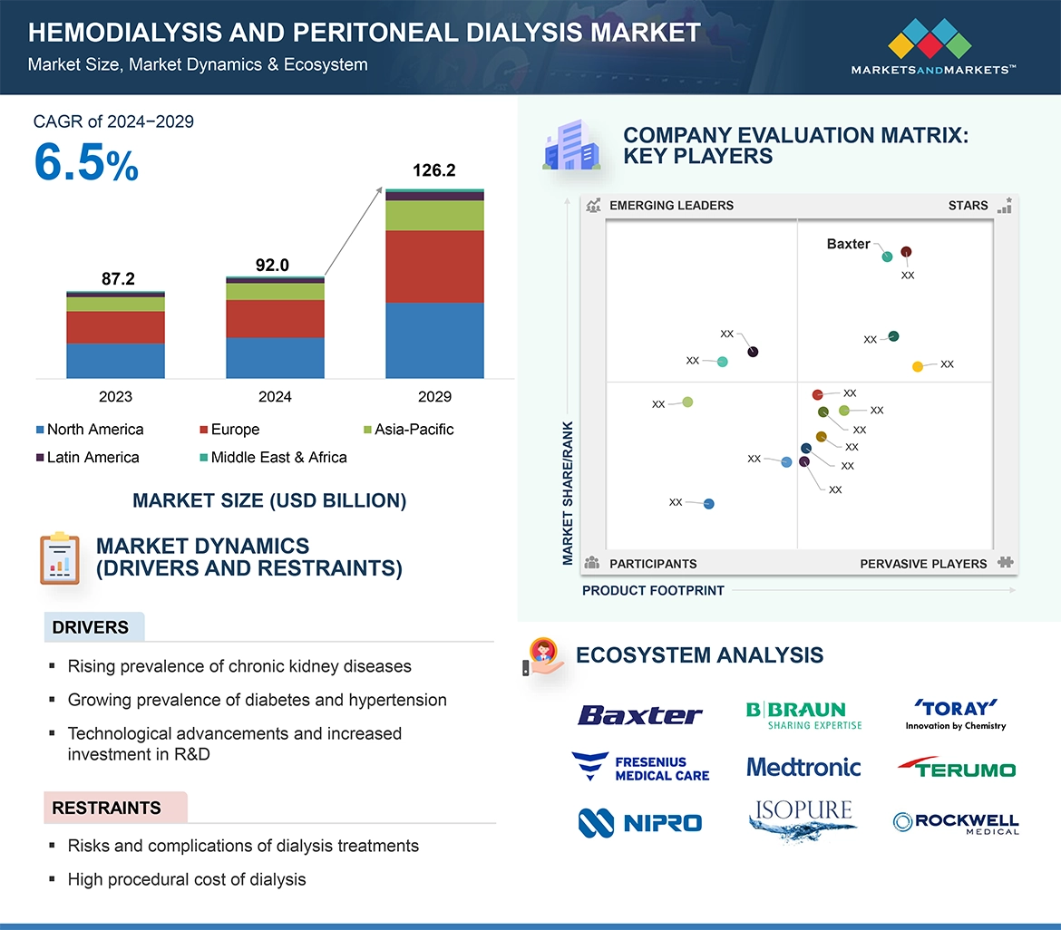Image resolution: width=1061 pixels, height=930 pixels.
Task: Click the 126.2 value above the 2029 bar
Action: coord(433,170)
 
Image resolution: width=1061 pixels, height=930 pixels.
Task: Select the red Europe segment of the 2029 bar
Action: coord(434,266)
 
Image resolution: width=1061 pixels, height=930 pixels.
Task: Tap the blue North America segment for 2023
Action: coord(115,360)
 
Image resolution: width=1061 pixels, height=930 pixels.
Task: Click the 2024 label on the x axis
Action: coord(275,396)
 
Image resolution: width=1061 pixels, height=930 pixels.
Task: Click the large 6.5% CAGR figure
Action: coord(86,163)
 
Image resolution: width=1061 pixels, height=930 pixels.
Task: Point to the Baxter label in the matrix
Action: coord(848,244)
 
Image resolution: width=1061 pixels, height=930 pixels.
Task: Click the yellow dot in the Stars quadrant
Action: coord(918,366)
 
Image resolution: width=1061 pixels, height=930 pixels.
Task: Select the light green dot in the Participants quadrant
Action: coord(687,402)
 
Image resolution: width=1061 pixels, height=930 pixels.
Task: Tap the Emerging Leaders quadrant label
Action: coord(670,206)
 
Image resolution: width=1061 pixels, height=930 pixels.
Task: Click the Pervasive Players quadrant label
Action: coord(922,564)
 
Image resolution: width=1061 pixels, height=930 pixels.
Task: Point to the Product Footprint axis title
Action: coord(653,591)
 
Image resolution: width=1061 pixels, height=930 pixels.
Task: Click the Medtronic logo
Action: coord(803,768)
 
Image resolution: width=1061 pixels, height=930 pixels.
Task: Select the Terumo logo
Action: coord(957,769)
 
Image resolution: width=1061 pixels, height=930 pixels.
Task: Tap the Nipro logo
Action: coord(639,822)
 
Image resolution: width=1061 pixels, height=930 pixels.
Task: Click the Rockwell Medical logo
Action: coord(956,822)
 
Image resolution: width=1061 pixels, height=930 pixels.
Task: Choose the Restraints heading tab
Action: coord(107,808)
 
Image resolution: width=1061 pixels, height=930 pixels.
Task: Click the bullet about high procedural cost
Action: coord(187,879)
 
